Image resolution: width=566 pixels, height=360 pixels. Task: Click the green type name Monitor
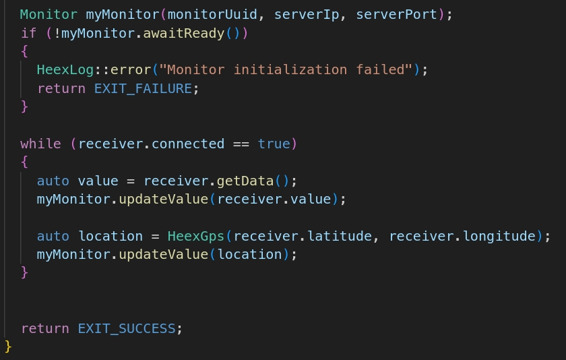(49, 14)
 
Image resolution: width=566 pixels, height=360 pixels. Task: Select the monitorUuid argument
(212, 14)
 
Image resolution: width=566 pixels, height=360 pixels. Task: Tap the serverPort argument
(396, 15)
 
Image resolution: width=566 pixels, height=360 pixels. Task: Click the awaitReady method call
(184, 34)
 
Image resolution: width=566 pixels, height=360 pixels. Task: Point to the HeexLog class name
(65, 69)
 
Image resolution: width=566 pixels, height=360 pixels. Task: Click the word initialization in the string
(290, 69)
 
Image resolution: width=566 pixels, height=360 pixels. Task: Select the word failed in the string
(380, 69)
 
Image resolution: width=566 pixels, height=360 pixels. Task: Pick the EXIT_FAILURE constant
(143, 89)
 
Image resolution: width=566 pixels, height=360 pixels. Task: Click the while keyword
(40, 144)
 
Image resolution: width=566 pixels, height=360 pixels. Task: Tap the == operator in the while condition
(241, 144)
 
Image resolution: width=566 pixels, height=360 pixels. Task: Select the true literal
(274, 144)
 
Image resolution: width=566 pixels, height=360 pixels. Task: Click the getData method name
(245, 181)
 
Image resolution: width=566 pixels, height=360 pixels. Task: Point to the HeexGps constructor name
(196, 236)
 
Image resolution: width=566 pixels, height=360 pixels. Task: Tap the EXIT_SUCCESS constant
(127, 328)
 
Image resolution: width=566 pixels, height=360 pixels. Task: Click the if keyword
(28, 33)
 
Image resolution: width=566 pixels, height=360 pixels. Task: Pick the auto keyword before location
(53, 236)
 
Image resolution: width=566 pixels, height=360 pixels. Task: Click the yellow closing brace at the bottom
(8, 347)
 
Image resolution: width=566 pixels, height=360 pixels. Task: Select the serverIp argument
(307, 15)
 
